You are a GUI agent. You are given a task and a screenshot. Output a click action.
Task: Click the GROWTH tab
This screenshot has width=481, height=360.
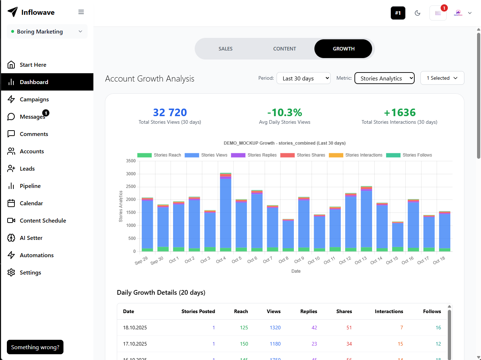(343, 49)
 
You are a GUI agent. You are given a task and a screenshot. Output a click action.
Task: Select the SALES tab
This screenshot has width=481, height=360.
(225, 49)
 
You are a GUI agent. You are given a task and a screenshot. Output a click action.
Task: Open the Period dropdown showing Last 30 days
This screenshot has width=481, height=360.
(303, 78)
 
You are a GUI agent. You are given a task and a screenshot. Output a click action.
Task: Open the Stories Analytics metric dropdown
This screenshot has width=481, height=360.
(384, 78)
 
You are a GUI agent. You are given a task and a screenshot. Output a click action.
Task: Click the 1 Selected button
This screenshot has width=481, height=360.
(442, 78)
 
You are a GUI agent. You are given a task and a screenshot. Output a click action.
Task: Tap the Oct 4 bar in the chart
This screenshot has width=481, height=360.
(226, 213)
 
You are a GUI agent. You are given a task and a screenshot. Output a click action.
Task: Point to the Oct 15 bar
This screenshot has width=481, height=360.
(398, 237)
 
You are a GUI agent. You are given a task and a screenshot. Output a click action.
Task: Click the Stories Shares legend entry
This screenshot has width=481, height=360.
(303, 155)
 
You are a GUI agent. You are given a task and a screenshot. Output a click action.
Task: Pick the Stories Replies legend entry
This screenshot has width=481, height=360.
(254, 155)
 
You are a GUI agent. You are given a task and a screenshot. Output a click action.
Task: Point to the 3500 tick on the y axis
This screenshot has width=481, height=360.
(131, 161)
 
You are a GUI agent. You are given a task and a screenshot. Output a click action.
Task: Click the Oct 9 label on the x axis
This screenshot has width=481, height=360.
(299, 260)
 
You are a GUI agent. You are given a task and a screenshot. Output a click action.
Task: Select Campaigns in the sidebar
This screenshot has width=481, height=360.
(34, 100)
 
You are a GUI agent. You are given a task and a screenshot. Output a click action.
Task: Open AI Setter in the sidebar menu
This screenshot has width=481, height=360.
(31, 238)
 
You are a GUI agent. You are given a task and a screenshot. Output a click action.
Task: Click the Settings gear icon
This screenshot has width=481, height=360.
(11, 272)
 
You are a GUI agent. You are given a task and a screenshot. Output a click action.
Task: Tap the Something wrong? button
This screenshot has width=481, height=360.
(35, 347)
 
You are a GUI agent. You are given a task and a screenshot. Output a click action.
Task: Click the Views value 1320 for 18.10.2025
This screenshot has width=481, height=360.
(275, 328)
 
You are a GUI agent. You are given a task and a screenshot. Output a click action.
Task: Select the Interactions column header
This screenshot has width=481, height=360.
(389, 311)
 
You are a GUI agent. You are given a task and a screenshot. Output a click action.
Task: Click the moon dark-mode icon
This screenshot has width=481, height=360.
(418, 13)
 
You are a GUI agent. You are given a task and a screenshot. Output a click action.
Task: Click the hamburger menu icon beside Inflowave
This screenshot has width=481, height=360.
(81, 12)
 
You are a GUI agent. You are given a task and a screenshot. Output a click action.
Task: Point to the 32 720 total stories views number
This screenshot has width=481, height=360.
(170, 113)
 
